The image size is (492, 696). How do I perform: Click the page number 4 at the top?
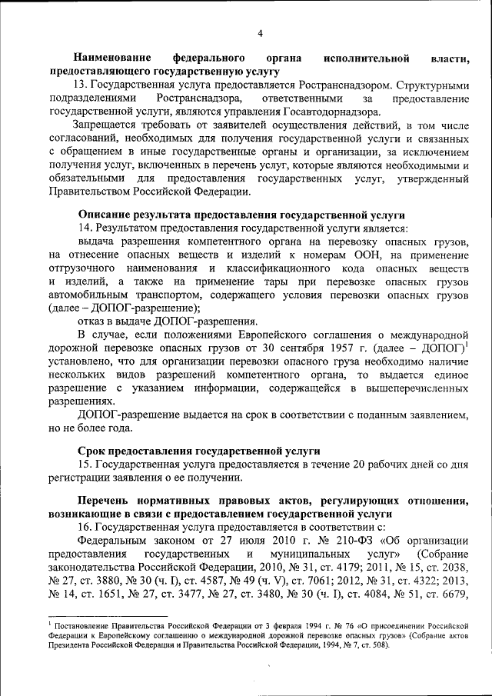(x=259, y=33)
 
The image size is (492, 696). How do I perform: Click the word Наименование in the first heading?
(x=112, y=58)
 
